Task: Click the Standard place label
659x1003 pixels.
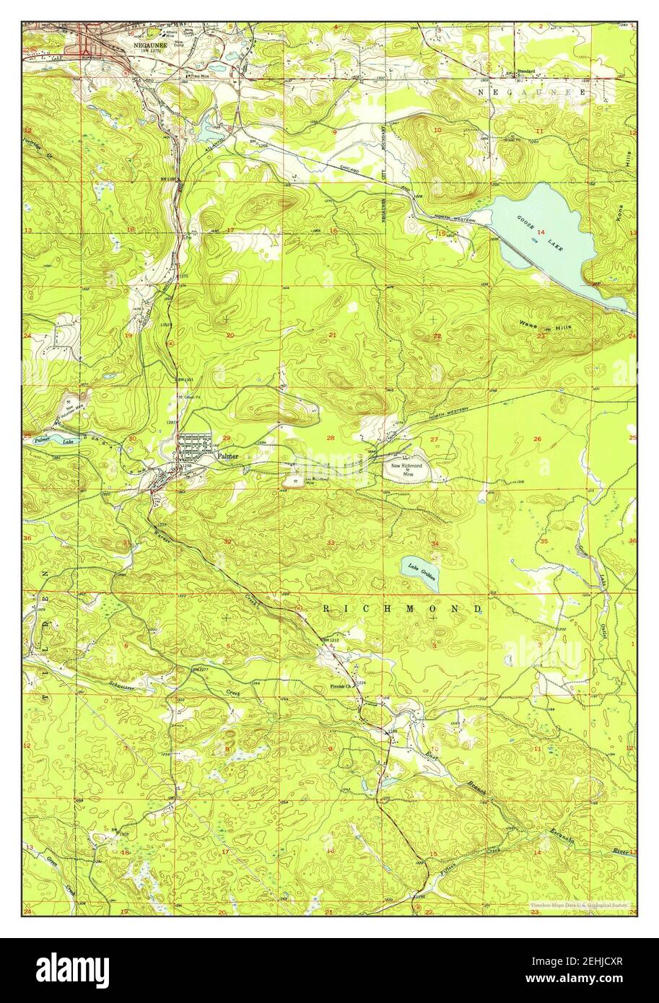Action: (x=526, y=71)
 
